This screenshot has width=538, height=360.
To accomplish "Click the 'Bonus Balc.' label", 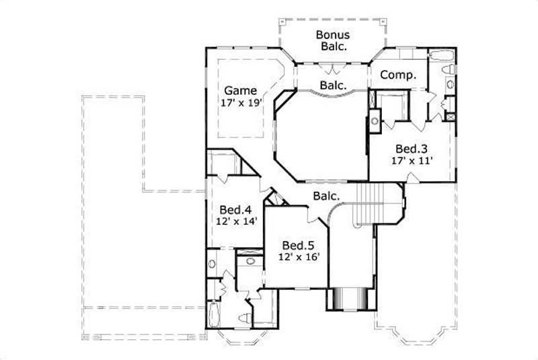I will (333, 40).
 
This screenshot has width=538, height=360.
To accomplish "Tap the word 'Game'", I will (240, 90).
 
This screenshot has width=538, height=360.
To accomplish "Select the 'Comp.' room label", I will (398, 75).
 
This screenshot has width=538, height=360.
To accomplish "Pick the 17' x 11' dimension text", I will (412, 161).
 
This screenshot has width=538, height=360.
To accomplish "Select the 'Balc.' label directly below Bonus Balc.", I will (333, 85).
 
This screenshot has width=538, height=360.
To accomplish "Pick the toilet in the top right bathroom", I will (447, 69).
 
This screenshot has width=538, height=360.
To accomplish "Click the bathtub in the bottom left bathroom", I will (214, 317).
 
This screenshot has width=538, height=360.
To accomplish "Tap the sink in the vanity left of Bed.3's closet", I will (375, 122).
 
